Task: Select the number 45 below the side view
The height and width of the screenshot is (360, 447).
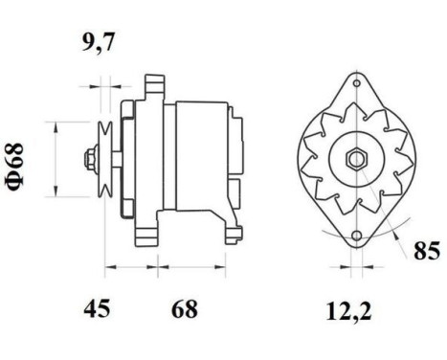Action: pos(97,308)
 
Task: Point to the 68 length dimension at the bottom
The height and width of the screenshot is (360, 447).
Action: pos(186,308)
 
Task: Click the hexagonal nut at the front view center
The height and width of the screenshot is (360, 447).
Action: pos(353,159)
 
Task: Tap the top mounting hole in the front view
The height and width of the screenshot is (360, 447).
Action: pos(356,88)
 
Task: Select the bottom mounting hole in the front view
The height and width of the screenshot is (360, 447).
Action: pos(356,234)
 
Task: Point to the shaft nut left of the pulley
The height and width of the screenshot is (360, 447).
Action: pos(88,157)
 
